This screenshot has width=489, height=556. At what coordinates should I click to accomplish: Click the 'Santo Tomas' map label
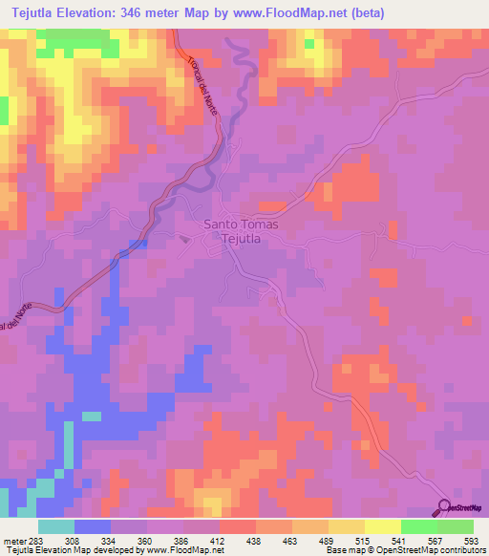point(241,225)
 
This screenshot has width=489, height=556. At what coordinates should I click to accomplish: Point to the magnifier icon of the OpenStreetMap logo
point(445,506)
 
